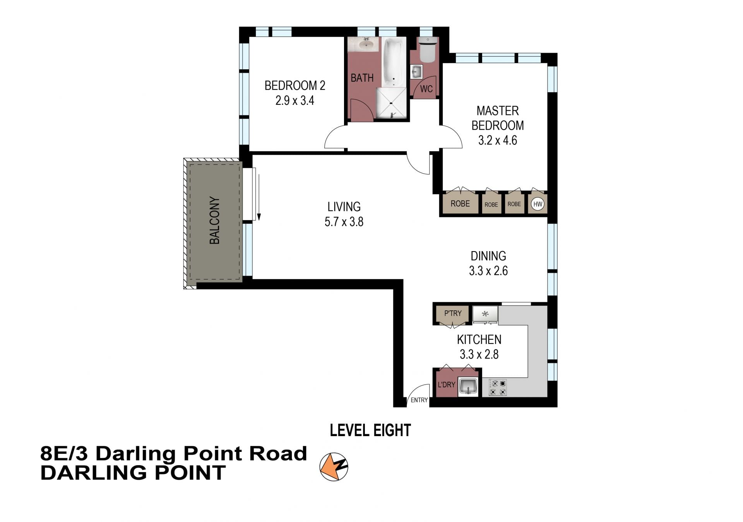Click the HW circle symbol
click(x=538, y=204)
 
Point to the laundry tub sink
click(x=468, y=387)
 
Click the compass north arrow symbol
click(x=334, y=467)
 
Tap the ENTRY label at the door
click(x=419, y=400)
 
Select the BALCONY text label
click(x=214, y=220)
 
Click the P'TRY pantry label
click(x=453, y=313)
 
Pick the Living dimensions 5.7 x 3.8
click(x=344, y=222)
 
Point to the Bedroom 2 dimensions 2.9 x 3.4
click(x=295, y=101)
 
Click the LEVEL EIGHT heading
click(x=370, y=430)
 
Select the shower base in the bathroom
click(x=391, y=103)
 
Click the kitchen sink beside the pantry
click(x=485, y=314)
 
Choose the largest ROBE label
click(x=460, y=204)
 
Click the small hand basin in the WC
click(x=416, y=72)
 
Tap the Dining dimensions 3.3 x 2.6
click(x=488, y=271)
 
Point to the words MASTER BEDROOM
click(x=498, y=118)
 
